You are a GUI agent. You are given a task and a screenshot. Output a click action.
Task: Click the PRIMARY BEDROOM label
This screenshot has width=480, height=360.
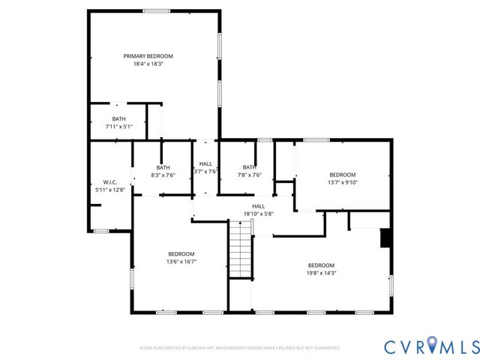click(x=148, y=56)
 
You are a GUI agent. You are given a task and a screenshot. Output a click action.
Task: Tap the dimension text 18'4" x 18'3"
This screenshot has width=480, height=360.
click(x=148, y=64)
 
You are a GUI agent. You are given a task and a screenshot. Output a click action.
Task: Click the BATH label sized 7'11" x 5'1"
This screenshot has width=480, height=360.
click(x=119, y=118)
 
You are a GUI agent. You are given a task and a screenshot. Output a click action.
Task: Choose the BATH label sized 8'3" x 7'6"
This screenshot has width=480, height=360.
click(x=163, y=167)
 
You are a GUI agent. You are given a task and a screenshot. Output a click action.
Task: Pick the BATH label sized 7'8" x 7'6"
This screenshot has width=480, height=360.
click(x=248, y=167)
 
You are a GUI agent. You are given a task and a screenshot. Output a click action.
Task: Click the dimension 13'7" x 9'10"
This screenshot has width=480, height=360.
click(x=343, y=181)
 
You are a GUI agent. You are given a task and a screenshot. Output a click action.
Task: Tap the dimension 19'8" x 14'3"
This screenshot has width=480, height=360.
click(x=321, y=273)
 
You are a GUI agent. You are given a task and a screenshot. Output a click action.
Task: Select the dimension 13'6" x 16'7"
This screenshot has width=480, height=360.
click(x=181, y=262)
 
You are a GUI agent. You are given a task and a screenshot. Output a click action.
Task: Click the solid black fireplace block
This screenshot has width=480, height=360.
click(x=385, y=238)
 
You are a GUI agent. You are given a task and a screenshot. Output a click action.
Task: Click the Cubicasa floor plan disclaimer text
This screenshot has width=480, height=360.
click(x=239, y=348)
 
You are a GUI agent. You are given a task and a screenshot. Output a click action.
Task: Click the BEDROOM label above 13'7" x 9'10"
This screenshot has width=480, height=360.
click(x=343, y=173)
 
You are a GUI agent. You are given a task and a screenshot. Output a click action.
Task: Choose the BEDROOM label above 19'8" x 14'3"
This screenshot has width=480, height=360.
click(x=321, y=265)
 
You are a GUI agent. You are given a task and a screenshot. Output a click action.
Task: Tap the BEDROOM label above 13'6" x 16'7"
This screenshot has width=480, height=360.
click(x=181, y=253)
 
